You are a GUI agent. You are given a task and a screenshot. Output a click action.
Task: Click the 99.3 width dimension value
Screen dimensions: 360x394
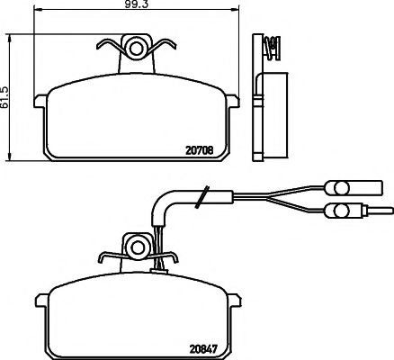tap(139, 6)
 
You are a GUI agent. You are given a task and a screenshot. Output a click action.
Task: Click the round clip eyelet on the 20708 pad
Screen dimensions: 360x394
tap(138, 46)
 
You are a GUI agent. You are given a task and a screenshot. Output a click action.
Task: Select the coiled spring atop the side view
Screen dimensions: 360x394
tap(270, 43)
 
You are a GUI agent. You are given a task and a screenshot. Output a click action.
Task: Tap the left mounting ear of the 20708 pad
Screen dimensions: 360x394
tap(39, 102)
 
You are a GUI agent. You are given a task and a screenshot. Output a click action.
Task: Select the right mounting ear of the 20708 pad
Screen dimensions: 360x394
tap(237, 102)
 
